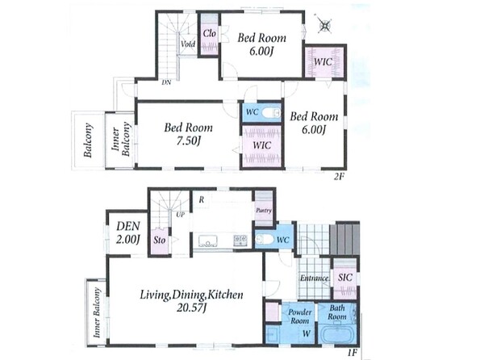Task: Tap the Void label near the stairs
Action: click(188, 44)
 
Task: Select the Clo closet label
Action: click(210, 33)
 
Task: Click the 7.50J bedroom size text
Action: click(189, 141)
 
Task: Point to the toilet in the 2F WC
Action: click(272, 113)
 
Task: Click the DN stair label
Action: click(166, 82)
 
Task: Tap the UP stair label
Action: click(181, 215)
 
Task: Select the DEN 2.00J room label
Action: click(128, 232)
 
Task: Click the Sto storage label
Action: click(159, 240)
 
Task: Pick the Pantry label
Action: click(264, 211)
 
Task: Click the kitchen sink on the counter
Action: click(208, 241)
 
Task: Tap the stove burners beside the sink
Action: click(240, 240)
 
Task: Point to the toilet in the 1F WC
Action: click(263, 239)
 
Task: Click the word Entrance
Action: click(314, 278)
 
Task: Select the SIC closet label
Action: click(345, 278)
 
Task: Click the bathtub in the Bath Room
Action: click(336, 334)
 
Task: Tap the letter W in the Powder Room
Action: click(307, 333)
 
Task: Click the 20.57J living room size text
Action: click(190, 308)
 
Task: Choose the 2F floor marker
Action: click(338, 177)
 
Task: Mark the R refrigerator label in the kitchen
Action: click(201, 199)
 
